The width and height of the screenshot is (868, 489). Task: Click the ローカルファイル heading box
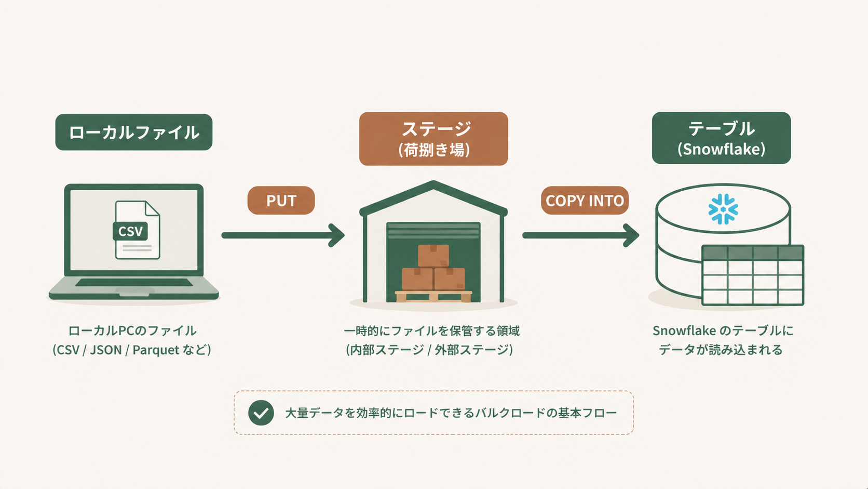pos(133,132)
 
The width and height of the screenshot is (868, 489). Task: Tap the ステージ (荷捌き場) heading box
pos(433,139)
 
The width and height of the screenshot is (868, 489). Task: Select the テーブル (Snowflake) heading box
pos(721,138)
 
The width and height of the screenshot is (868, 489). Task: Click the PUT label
pos(281,201)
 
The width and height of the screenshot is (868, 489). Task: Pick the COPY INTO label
pos(585,201)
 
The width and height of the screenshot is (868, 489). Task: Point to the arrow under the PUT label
pos(283,235)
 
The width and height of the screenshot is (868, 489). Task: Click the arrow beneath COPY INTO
pos(580,235)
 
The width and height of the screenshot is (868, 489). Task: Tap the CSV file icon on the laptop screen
pos(137,230)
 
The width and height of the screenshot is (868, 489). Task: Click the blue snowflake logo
pos(723,209)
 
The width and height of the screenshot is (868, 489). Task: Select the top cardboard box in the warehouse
pos(433,256)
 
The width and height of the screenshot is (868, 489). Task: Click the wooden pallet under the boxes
pos(433,296)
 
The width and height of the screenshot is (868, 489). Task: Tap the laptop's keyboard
pos(134,283)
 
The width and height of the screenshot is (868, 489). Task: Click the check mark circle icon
pos(261,413)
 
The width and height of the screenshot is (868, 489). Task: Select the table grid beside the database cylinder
pos(752,275)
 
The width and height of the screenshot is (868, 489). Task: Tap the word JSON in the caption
pos(105,350)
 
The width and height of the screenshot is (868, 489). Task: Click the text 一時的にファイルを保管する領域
pos(431,331)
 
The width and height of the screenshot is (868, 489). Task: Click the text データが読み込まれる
pos(721,350)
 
